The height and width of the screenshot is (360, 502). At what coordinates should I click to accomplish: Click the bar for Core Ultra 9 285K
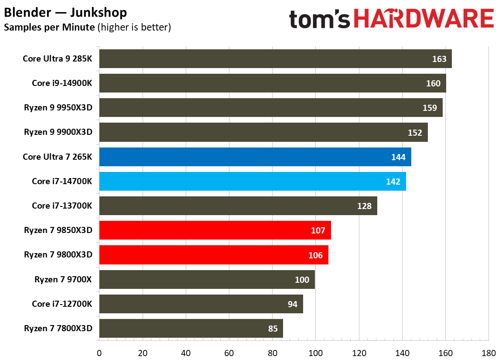pyautogui.click(x=275, y=58)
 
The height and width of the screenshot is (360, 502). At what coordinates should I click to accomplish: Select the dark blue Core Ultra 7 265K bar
pyautogui.click(x=255, y=157)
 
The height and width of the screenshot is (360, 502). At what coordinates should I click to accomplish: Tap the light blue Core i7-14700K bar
pyautogui.click(x=253, y=182)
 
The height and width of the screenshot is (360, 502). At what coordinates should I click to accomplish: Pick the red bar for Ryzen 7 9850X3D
pyautogui.click(x=215, y=230)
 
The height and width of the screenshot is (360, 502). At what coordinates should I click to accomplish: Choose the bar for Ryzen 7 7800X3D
pyautogui.click(x=191, y=329)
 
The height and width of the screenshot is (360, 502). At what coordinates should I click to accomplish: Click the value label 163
pyautogui.click(x=439, y=59)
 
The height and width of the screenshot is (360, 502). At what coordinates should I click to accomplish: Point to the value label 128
pyautogui.click(x=364, y=206)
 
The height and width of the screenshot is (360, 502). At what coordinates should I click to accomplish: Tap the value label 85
pyautogui.click(x=273, y=329)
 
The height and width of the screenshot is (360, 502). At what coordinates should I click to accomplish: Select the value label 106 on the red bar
pyautogui.click(x=315, y=255)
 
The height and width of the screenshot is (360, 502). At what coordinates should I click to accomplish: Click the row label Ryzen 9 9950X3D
pyautogui.click(x=58, y=108)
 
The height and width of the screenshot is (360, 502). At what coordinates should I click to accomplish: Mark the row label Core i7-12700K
pyautogui.click(x=62, y=304)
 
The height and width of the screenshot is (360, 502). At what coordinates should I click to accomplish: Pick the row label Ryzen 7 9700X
pyautogui.click(x=63, y=280)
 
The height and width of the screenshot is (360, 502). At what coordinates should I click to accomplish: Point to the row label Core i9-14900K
pyautogui.click(x=62, y=83)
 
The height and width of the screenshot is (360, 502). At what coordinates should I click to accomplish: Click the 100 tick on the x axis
pyautogui.click(x=315, y=352)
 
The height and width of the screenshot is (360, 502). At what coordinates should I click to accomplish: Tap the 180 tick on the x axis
pyautogui.click(x=488, y=352)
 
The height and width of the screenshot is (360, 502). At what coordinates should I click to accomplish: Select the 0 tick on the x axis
pyautogui.click(x=99, y=352)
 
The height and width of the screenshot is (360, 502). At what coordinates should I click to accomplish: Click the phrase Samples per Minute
pyautogui.click(x=49, y=27)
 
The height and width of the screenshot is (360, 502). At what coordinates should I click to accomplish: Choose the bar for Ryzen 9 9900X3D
pyautogui.click(x=263, y=132)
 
